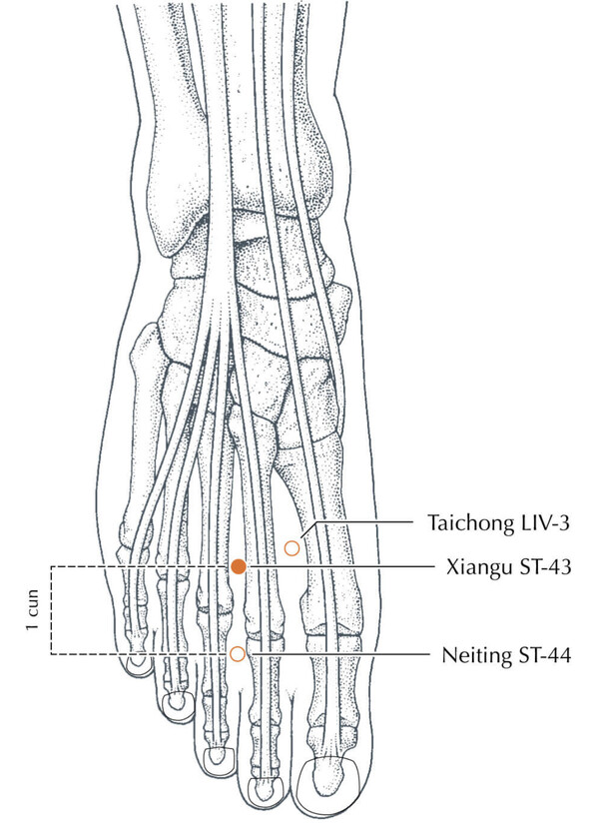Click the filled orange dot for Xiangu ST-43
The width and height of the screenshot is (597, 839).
pyautogui.click(x=239, y=566)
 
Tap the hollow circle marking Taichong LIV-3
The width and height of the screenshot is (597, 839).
pyautogui.click(x=292, y=548)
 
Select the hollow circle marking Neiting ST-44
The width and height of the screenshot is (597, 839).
pyautogui.click(x=237, y=654)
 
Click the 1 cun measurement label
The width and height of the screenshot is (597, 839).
pyautogui.click(x=33, y=610)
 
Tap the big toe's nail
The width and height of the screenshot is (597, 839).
pyautogui.click(x=327, y=780)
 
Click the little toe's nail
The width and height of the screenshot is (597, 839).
pyautogui.click(x=139, y=661)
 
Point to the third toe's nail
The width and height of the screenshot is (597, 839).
pyautogui.click(x=218, y=756)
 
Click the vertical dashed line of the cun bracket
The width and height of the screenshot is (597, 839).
pyautogui.click(x=51, y=610)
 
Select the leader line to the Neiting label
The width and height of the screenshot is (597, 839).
pyautogui.click(x=340, y=654)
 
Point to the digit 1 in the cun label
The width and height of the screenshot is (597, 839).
pyautogui.click(x=33, y=626)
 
